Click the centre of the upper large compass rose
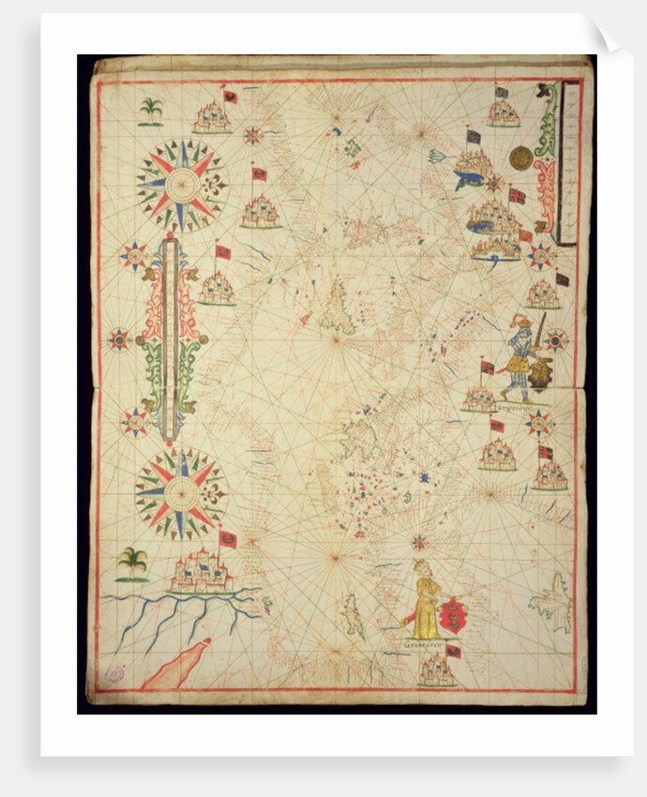point(181,185)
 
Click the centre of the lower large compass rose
point(181,491)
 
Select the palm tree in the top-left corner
point(150,111)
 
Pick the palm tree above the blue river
point(132,564)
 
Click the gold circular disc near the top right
point(520,158)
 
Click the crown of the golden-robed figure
point(424,566)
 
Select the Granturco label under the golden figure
point(421,645)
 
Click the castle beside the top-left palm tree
point(212,118)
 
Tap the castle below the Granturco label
point(438,670)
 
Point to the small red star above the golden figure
point(419,542)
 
